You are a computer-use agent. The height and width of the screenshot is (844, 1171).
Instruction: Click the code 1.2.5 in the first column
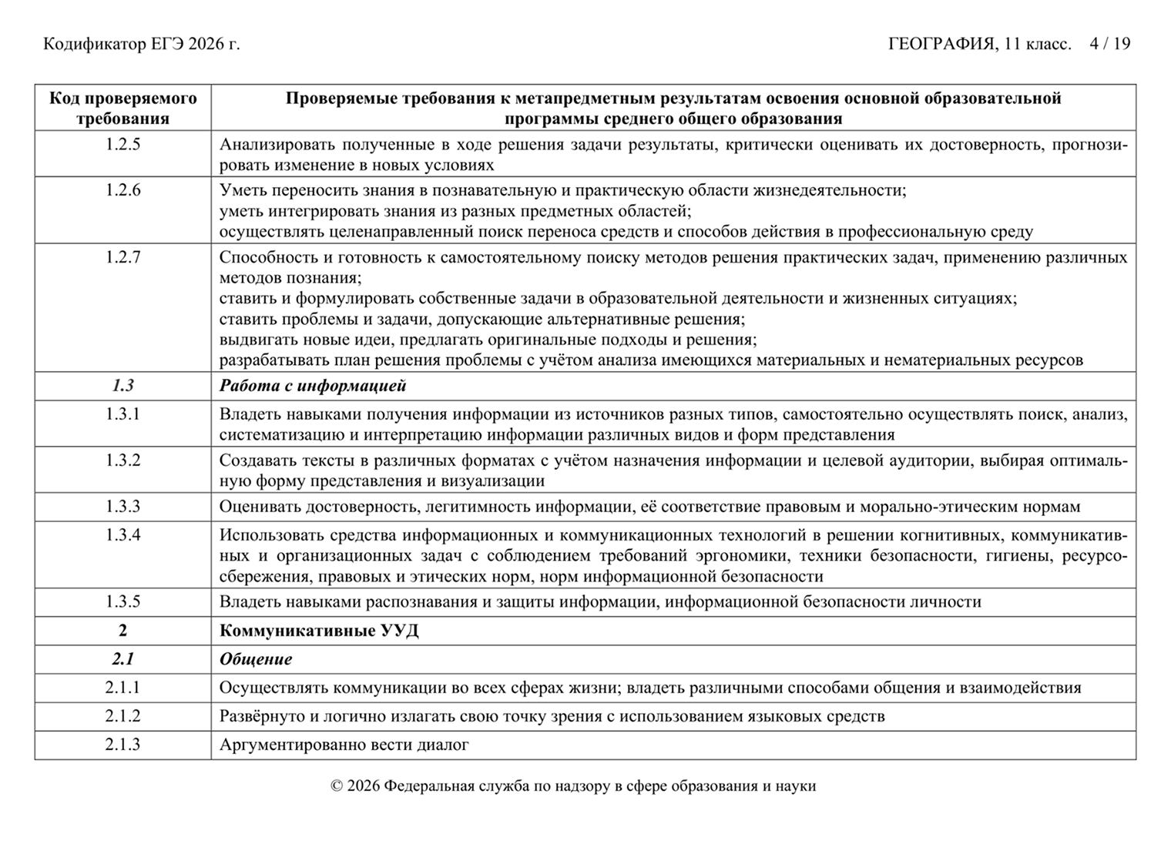[123, 144]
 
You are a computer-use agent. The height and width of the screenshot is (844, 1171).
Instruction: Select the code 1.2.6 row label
[123, 190]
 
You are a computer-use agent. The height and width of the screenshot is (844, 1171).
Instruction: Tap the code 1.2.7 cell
[123, 257]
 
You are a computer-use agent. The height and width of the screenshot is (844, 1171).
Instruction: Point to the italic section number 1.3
[123, 386]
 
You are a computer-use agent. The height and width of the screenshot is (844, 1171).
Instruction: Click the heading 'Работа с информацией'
[313, 386]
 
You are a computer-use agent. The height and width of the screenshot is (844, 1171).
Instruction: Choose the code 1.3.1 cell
[123, 414]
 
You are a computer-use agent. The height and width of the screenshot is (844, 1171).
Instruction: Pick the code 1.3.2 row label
[123, 461]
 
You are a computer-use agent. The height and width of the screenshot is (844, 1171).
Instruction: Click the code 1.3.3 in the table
[123, 507]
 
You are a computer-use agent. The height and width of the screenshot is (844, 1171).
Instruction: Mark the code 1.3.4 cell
[123, 535]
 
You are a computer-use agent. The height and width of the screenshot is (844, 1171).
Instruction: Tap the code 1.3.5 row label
[123, 601]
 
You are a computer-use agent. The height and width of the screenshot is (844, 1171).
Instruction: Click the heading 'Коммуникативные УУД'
[319, 631]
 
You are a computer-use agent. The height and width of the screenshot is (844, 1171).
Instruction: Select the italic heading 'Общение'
[256, 659]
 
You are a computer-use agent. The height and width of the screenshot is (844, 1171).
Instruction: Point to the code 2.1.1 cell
[123, 688]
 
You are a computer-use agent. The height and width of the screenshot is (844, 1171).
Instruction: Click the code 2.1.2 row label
[123, 716]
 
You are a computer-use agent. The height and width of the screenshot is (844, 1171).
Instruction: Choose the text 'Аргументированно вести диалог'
[344, 745]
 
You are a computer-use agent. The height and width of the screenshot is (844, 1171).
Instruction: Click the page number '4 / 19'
[1109, 44]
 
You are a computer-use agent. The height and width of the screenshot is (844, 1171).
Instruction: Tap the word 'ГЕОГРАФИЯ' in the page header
[940, 44]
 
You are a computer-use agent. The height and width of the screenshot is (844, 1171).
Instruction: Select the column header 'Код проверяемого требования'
[123, 108]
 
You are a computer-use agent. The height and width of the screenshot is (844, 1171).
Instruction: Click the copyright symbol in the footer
[336, 786]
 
